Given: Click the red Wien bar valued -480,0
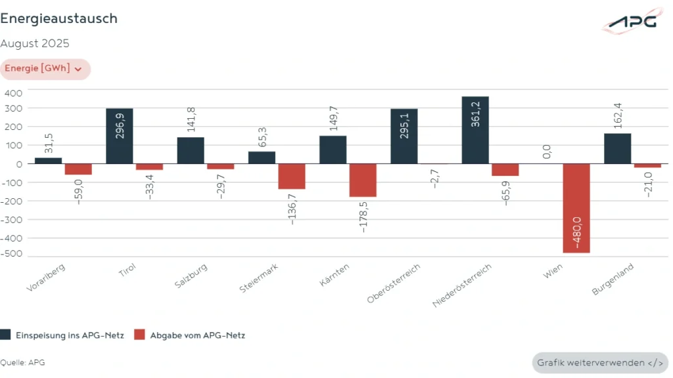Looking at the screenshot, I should point(576,209).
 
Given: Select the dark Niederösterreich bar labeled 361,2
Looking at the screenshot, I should point(475,131).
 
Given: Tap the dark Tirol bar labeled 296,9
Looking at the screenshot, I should point(119,136).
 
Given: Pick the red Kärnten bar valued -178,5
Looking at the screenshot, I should point(363,180).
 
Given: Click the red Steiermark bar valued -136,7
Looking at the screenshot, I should point(291,177).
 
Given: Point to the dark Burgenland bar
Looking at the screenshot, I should point(617,149).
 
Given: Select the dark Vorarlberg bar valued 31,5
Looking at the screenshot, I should point(48,161).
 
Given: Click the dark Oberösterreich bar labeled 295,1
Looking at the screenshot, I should point(404,136).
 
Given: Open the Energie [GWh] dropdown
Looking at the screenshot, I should point(44,69).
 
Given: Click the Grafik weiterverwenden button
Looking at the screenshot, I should point(599,362).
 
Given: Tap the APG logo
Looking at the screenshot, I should point(631,21).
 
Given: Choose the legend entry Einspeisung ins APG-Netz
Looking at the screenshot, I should point(62,335).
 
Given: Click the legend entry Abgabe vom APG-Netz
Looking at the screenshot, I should point(189,335).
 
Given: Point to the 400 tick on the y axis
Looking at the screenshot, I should point(13,93).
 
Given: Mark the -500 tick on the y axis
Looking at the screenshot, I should point(12,254).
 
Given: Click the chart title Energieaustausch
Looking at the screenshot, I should point(59,18).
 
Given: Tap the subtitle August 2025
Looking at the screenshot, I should point(35,44).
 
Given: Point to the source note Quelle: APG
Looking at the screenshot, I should point(22,362).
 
